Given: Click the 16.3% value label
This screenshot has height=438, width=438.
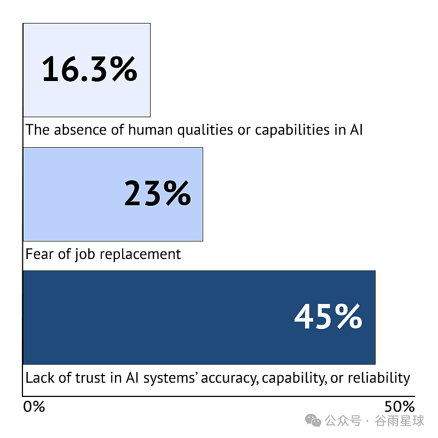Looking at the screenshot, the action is [90, 69].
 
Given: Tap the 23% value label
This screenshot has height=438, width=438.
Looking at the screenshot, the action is [158, 193].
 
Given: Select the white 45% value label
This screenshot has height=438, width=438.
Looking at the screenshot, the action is [328, 316].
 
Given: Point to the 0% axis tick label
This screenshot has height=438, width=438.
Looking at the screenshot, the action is [34, 407].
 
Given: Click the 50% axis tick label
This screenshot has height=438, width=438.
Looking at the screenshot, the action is [400, 407].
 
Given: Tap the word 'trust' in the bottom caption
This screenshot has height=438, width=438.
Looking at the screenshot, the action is [90, 378].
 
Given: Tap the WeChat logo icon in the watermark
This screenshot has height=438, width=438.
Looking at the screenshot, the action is [313, 420].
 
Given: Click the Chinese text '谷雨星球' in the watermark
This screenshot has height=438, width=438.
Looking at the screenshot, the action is [400, 421].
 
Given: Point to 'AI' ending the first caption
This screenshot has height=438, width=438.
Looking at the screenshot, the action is [356, 130].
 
